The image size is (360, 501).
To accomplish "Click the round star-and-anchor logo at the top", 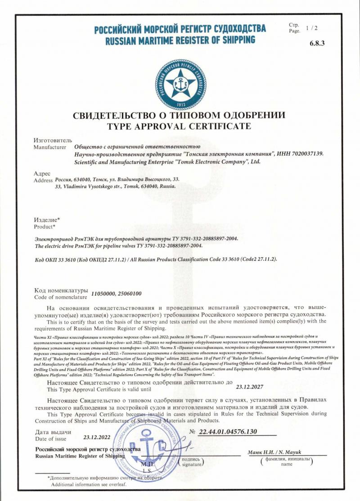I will [180, 84].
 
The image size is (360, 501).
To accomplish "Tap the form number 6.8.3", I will [317, 43].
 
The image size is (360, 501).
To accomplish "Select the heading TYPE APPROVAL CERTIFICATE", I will [179, 126].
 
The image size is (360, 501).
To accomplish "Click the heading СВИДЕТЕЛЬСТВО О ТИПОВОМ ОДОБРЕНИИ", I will [179, 116].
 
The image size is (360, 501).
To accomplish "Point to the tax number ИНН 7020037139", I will [301, 154].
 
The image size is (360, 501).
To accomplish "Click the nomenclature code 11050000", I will [103, 294].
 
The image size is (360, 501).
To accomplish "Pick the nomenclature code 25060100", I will [129, 294].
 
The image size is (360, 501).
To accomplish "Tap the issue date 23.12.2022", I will [97, 437].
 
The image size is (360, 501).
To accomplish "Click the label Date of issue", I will [50, 438].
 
